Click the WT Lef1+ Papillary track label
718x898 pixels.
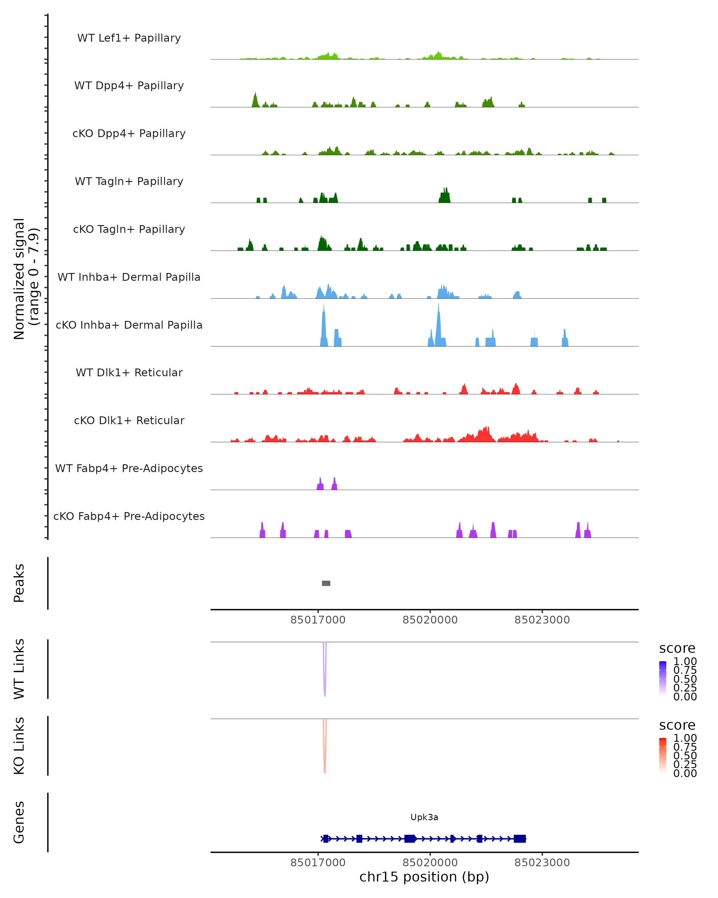click(x=129, y=38)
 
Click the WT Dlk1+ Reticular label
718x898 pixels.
click(x=129, y=372)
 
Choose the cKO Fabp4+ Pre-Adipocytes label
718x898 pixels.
click(x=129, y=516)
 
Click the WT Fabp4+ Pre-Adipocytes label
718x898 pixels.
click(x=129, y=468)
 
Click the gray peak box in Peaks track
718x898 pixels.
click(x=326, y=583)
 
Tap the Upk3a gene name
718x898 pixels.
click(x=424, y=817)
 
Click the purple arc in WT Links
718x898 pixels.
click(x=325, y=683)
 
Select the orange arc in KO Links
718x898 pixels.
click(x=325, y=760)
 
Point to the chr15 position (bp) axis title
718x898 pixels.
click(x=424, y=877)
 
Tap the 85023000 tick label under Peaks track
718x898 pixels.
click(x=542, y=620)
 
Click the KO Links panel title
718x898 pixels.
click(x=19, y=746)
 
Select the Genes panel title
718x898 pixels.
click(x=19, y=822)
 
